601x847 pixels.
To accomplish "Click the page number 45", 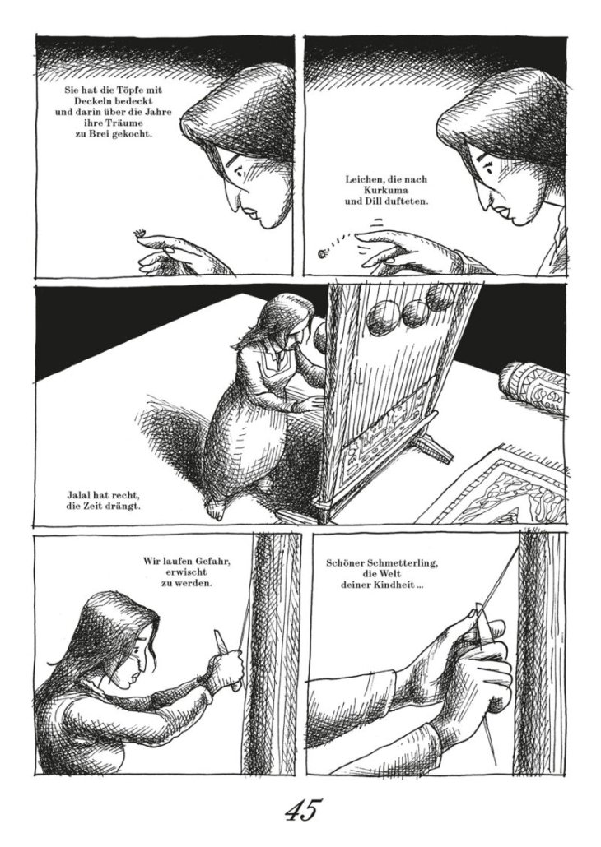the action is pos(302,810).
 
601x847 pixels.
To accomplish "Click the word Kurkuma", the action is pos(386,191).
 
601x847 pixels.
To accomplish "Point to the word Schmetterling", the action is pos(400,563).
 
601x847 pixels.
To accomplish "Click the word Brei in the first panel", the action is pos(99,134).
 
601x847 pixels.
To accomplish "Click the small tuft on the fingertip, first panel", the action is pos(140,234).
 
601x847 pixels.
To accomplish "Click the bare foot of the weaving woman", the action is pos(214,510).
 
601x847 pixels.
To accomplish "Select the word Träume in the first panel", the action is pos(113,123).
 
